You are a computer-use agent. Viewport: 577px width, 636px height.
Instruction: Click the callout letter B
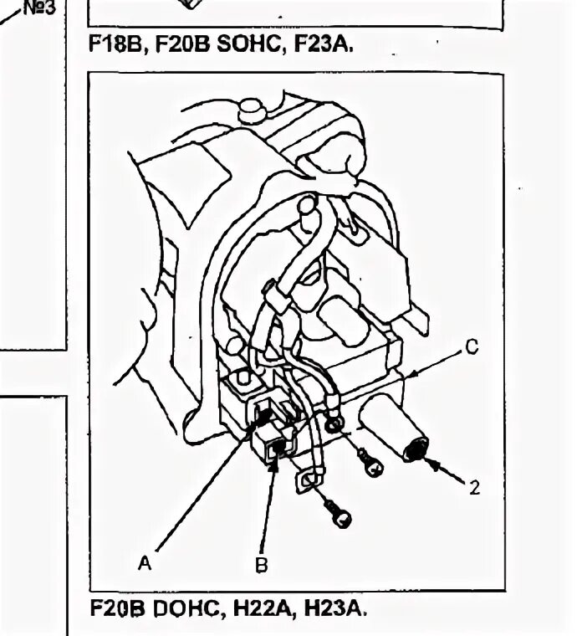[261, 566]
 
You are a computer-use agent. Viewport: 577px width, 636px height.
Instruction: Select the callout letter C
[472, 348]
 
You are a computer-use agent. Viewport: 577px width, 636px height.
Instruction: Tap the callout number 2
[474, 488]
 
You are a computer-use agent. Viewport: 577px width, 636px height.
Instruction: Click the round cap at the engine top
[249, 109]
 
